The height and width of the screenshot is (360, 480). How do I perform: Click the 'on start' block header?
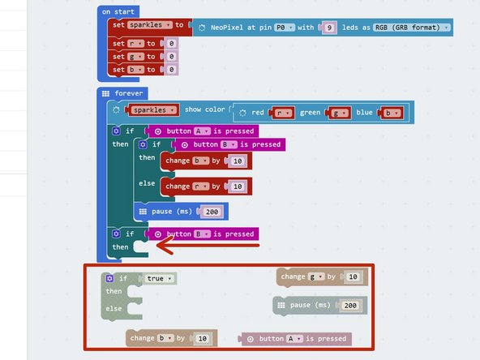click(117, 12)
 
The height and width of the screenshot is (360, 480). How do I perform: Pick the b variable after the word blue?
click(391, 113)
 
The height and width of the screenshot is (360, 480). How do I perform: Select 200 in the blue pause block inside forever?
click(212, 212)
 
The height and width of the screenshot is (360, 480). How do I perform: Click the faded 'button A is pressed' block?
click(296, 339)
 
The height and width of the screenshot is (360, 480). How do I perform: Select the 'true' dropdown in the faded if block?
click(160, 279)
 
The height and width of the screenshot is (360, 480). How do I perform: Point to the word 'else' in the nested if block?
click(147, 183)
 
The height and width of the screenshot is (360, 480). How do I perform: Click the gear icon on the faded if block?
click(108, 279)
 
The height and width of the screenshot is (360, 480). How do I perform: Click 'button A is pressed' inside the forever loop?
click(199, 131)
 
